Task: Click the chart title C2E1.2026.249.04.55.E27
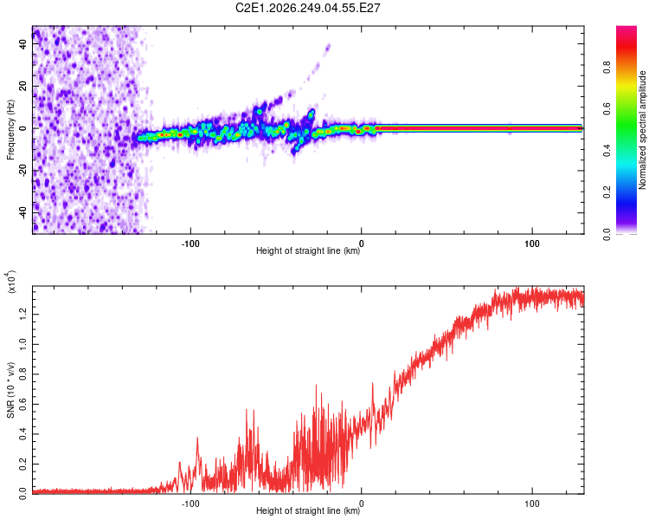point(307,8)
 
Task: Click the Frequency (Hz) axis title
point(10,130)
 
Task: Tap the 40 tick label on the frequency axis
point(23,43)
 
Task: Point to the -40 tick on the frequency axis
point(23,213)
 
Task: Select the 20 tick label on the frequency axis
point(23,86)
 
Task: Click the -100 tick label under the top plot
point(190,244)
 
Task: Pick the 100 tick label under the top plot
point(532,244)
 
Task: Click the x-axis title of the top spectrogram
point(308,250)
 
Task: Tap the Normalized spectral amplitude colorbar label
point(642,130)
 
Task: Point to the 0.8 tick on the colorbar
point(607,67)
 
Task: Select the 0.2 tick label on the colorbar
point(607,192)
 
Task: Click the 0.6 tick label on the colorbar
point(607,108)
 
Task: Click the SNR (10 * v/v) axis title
point(10,390)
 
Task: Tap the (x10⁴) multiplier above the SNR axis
point(11,282)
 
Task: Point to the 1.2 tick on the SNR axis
point(23,315)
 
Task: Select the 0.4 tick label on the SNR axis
point(23,434)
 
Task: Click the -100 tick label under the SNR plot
point(190,504)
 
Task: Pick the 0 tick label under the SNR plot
point(362,504)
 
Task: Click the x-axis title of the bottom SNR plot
point(308,510)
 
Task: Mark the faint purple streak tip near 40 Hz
point(329,45)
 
